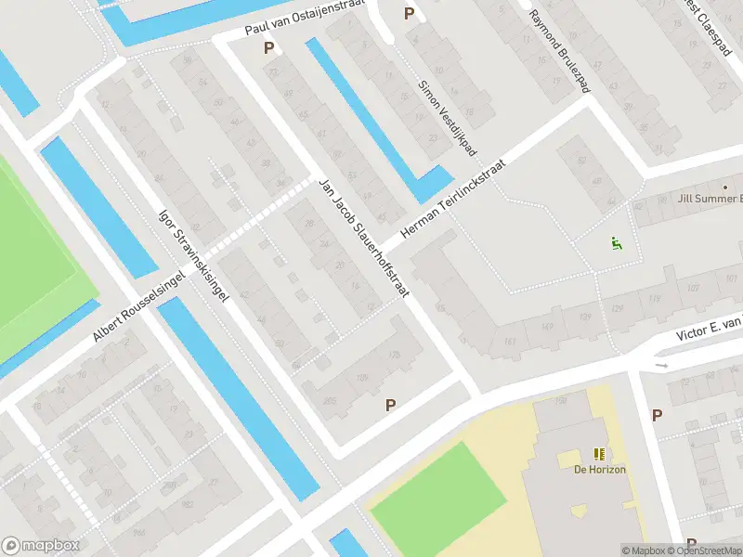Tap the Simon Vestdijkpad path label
click(x=447, y=117)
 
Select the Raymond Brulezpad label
click(x=559, y=51)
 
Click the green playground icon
click(x=615, y=244)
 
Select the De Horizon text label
click(x=599, y=470)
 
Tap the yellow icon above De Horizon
click(x=599, y=454)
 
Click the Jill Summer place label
click(x=710, y=199)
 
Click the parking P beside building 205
click(x=391, y=405)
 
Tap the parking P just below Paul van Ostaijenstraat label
click(x=269, y=47)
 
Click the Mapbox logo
click(x=41, y=546)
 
